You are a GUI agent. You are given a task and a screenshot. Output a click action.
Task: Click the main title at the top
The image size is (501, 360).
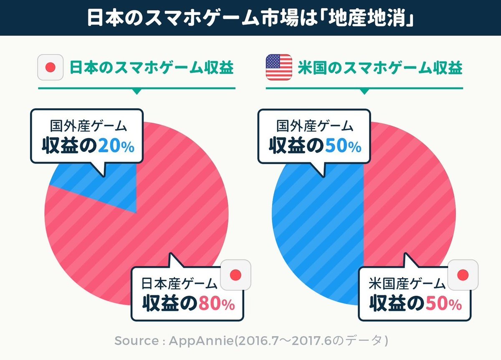(250, 18)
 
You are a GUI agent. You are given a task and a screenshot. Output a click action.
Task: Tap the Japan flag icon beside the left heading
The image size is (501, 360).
(50, 68)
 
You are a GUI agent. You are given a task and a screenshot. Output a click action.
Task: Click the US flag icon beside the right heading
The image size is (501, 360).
(278, 68)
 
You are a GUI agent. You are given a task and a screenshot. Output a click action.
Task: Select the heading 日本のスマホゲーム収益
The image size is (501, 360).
(151, 68)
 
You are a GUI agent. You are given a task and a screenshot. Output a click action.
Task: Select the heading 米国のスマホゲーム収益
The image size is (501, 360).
(380, 68)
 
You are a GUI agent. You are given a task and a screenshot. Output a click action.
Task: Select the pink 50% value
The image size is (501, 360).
(443, 304)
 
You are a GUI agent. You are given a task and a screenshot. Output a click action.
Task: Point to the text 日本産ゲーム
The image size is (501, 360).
(180, 285)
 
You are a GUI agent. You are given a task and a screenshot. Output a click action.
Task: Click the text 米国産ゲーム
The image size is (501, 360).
(407, 285)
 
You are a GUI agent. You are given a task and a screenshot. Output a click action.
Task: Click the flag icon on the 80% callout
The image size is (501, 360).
(235, 274)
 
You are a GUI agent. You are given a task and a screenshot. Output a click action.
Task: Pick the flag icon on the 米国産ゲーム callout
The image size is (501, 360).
(463, 274)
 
